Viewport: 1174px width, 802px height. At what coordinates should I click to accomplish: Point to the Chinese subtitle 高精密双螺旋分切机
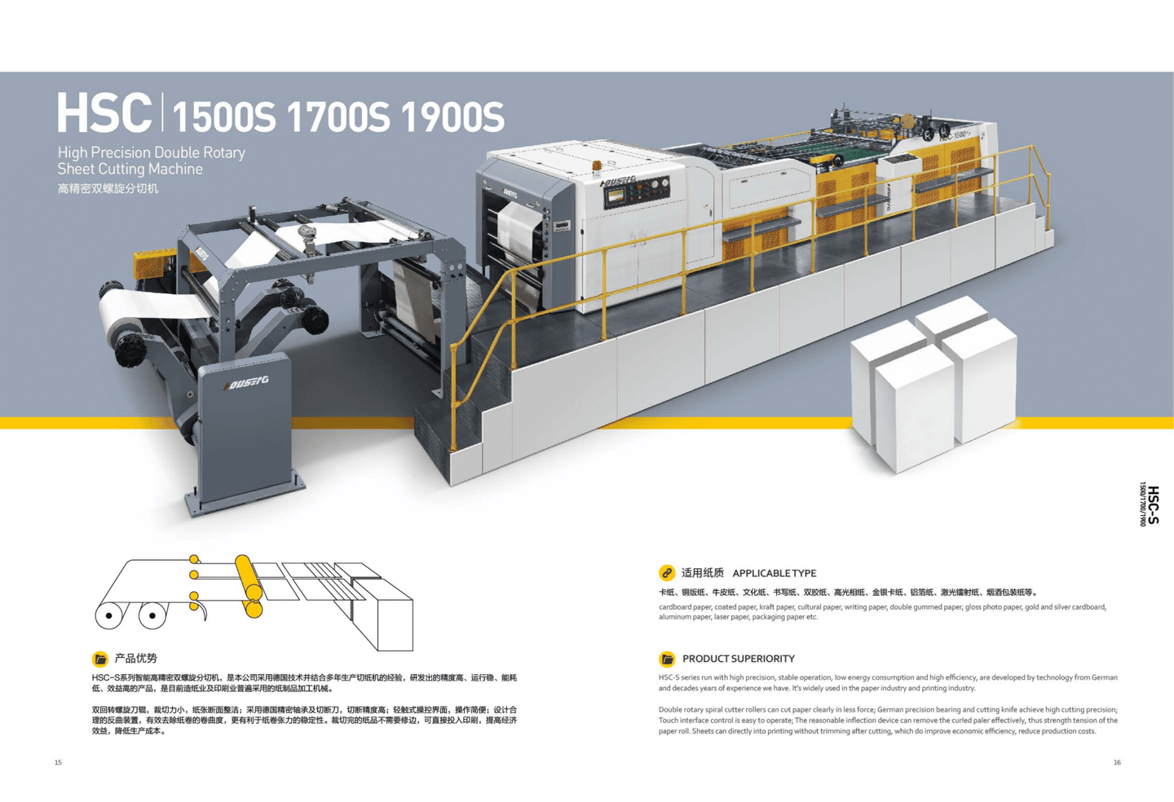[108, 189]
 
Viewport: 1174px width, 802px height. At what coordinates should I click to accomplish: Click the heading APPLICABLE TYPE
[774, 573]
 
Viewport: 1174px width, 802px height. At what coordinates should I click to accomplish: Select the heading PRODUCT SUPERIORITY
[738, 659]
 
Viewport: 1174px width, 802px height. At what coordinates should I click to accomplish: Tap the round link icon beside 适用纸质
[667, 573]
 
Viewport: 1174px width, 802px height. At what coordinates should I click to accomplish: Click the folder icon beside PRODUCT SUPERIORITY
[667, 659]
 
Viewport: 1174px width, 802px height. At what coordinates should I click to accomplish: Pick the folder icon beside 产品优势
[99, 659]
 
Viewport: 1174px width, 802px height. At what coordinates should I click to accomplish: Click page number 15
[58, 763]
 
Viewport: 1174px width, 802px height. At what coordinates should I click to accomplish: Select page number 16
[1117, 763]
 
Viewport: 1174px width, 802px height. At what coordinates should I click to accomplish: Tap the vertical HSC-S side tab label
[1151, 504]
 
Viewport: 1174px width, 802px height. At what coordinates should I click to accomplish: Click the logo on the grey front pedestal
[245, 382]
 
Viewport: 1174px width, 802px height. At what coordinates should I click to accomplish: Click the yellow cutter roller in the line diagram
[249, 585]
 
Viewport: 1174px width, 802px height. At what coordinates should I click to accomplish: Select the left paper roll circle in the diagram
[109, 615]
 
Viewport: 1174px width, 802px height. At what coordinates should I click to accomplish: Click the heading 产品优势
[135, 659]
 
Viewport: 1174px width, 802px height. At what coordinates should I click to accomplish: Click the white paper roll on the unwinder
[130, 314]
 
